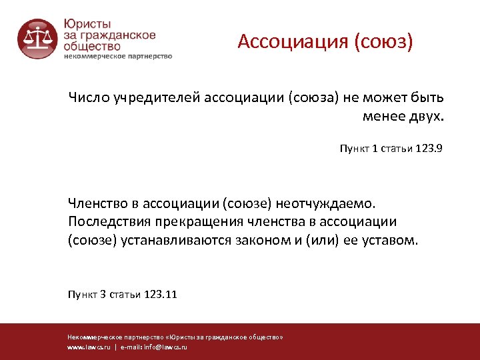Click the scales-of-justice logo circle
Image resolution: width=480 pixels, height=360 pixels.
click(37, 38)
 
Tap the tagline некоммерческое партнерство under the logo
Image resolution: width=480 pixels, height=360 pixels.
click(118, 57)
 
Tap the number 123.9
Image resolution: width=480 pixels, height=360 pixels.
click(429, 149)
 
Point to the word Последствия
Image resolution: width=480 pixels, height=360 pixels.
click(109, 221)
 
